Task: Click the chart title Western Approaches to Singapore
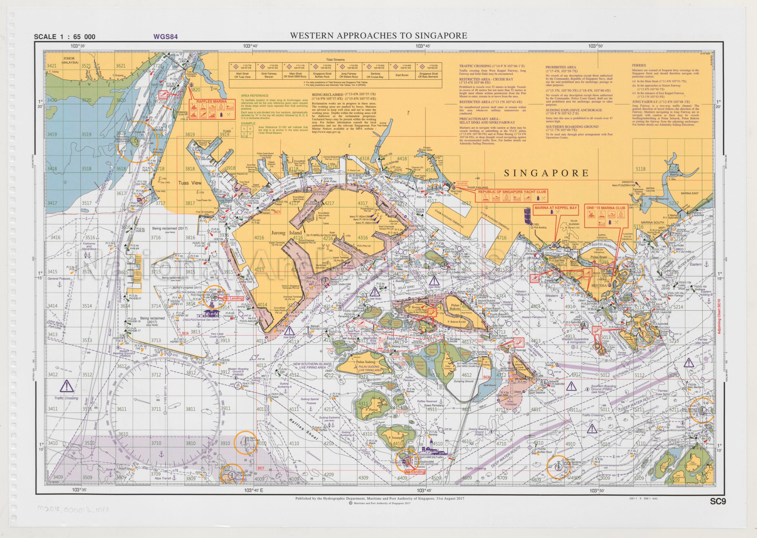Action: (x=379, y=36)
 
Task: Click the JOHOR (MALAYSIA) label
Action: (x=70, y=60)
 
